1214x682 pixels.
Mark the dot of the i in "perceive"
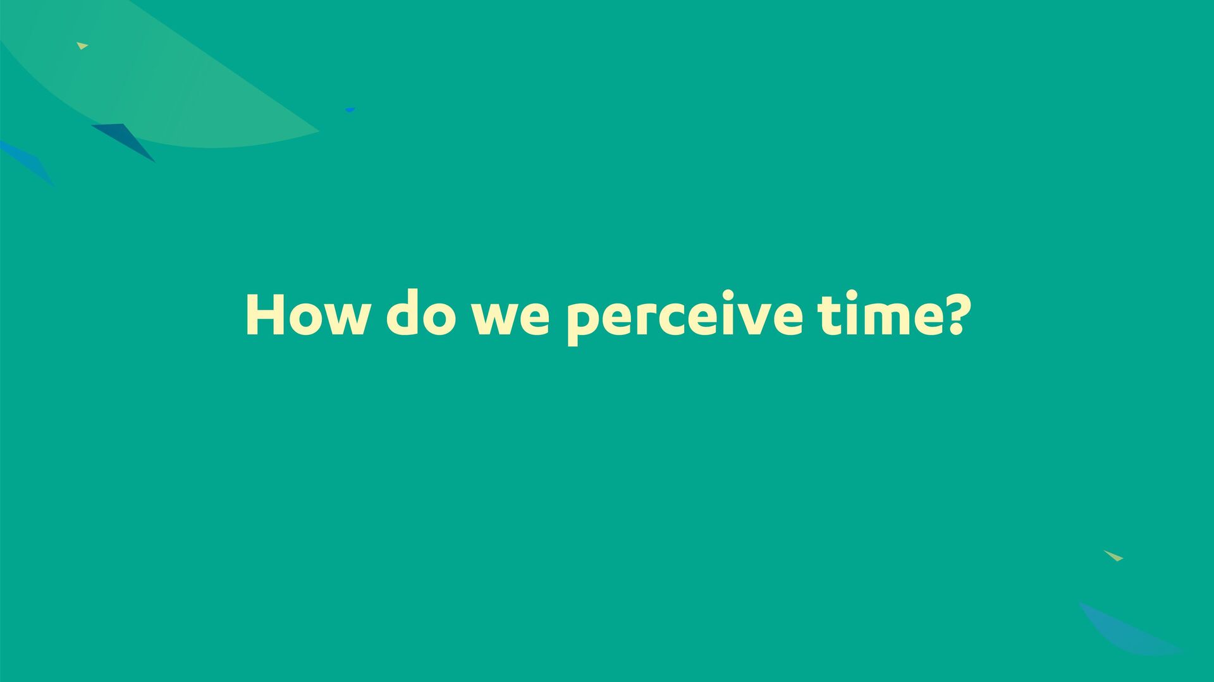pyautogui.click(x=728, y=295)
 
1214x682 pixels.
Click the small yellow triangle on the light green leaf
pyautogui.click(x=82, y=46)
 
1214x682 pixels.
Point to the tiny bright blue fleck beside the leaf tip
pyautogui.click(x=350, y=110)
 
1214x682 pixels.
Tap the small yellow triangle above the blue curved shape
pyautogui.click(x=1113, y=556)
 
